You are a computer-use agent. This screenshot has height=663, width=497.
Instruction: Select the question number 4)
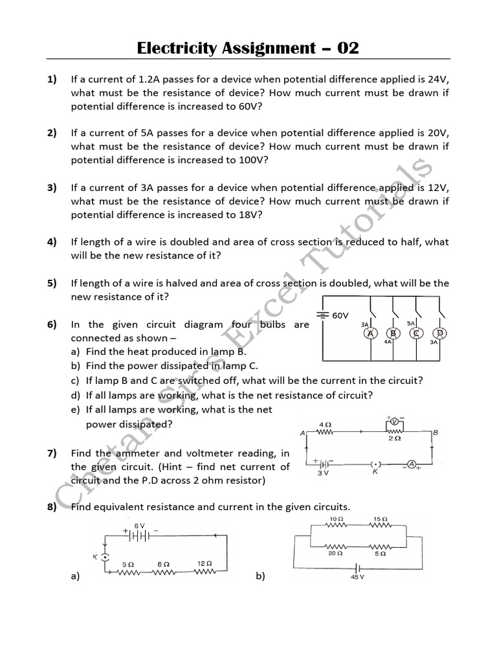coord(52,242)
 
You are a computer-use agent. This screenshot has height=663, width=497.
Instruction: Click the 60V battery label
coord(340,315)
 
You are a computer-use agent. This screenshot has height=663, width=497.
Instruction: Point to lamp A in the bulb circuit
coord(371,333)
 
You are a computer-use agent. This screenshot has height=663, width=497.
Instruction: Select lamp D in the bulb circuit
coord(441,333)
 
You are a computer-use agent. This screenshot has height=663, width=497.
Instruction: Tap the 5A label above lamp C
coord(410,323)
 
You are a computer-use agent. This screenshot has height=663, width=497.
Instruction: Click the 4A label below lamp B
coord(388,343)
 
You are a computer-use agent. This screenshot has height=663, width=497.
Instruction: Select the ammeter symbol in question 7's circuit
coord(410,464)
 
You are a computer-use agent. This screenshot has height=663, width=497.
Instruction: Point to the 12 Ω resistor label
coord(204,563)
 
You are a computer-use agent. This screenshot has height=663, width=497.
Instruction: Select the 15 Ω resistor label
coord(380,519)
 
